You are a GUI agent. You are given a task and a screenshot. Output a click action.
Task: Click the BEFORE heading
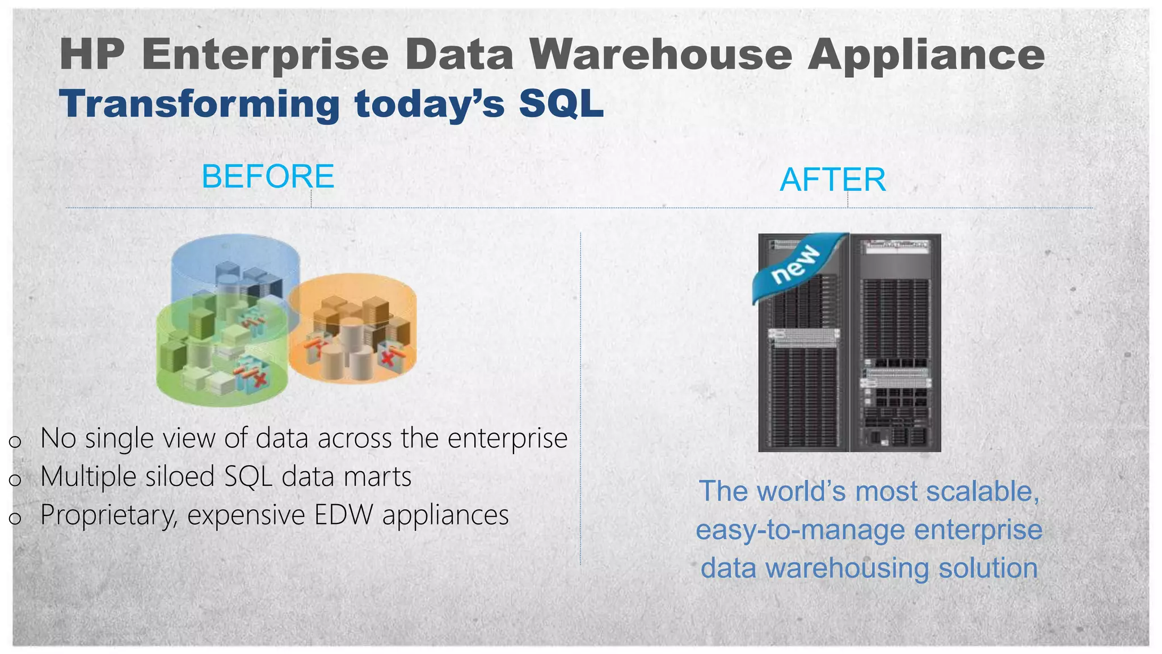click(x=268, y=177)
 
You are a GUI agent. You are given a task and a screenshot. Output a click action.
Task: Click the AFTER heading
click(x=832, y=180)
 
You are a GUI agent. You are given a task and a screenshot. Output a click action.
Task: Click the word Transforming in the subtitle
click(x=199, y=106)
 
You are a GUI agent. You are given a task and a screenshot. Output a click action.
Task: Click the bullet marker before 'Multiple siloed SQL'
click(x=15, y=480)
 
